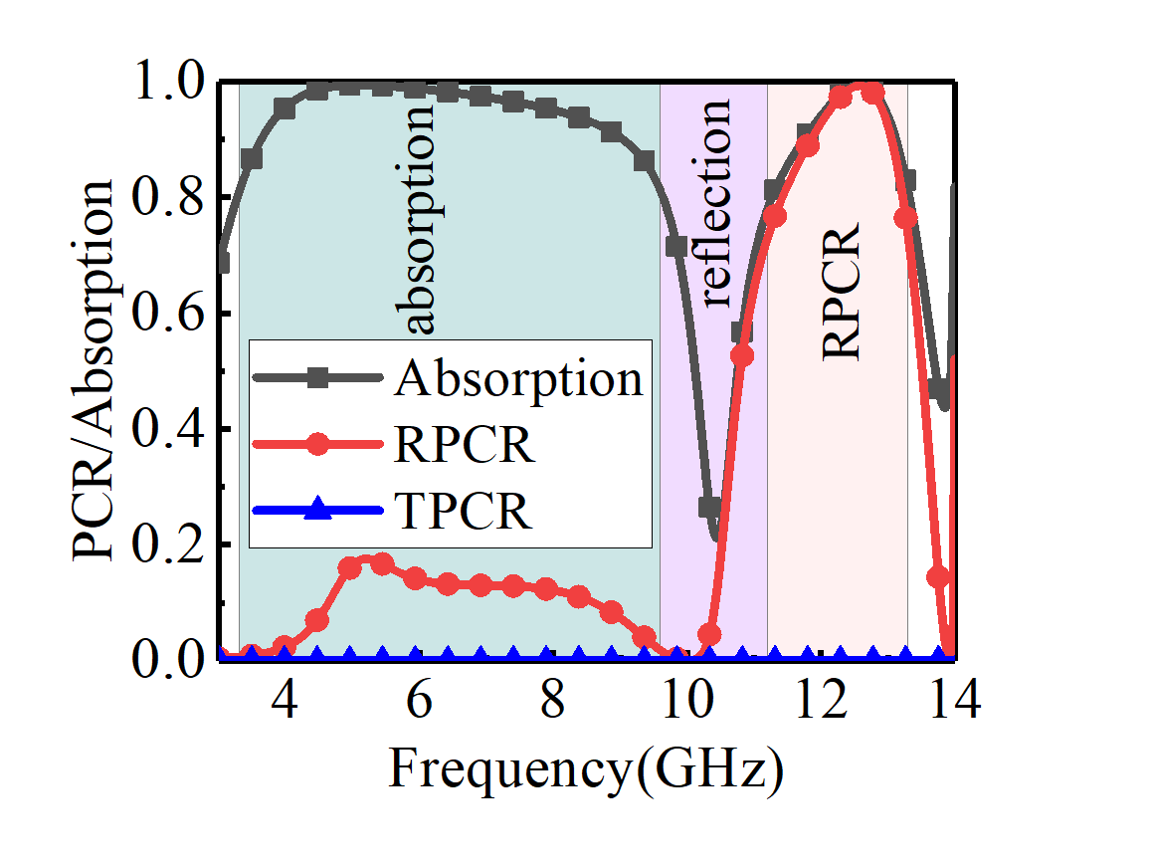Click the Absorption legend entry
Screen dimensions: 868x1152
click(518, 379)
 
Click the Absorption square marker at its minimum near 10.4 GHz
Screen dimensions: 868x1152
click(709, 507)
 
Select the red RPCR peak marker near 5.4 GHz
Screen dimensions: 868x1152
click(382, 563)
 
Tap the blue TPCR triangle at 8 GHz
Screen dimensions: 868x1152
click(546, 654)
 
